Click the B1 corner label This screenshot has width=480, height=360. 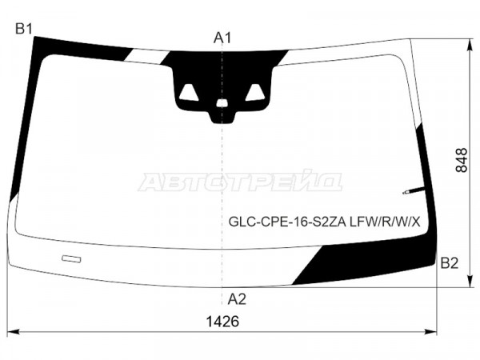point(24,30)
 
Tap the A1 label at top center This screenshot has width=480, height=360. point(222,38)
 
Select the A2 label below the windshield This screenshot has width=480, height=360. point(237,299)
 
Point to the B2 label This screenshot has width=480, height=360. point(449,263)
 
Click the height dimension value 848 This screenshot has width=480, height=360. point(462,161)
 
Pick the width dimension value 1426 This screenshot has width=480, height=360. point(222,322)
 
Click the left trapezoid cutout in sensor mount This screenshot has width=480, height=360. point(189,93)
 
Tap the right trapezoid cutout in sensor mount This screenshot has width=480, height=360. point(255,93)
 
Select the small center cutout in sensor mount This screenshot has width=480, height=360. point(222,103)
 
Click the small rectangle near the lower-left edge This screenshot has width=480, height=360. point(71,259)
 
